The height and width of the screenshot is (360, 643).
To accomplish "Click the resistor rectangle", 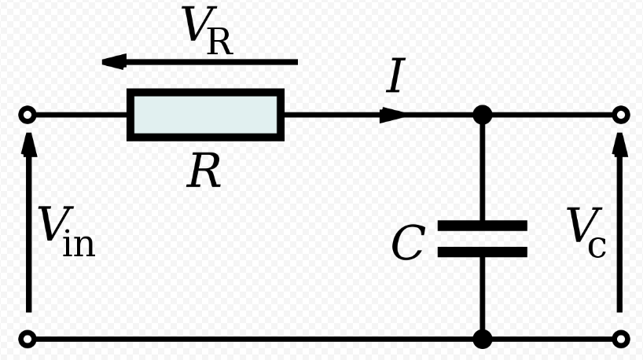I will (205, 115).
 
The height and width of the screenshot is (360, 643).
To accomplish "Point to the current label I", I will (396, 78).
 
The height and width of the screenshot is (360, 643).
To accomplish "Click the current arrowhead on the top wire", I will (392, 115).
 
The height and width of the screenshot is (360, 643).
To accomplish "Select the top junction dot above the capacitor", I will (483, 115).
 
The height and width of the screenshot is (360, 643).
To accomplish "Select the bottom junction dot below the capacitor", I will (483, 340).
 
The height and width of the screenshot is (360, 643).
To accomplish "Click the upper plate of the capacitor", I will (482, 226).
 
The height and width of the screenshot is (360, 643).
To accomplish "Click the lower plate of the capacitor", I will (482, 252).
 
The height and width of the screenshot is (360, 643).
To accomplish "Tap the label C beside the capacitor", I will (408, 243).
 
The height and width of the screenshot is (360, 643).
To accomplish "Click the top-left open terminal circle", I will (28, 116).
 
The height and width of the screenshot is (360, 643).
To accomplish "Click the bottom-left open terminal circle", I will (28, 340).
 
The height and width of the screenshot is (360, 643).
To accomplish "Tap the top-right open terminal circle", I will (621, 116).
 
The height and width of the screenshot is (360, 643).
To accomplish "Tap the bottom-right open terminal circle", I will (621, 340).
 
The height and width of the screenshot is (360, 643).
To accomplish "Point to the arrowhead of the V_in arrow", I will (29, 141).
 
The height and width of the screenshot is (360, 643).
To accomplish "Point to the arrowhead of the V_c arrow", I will (620, 141).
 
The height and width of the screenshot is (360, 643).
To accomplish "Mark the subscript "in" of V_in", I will (79, 244).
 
